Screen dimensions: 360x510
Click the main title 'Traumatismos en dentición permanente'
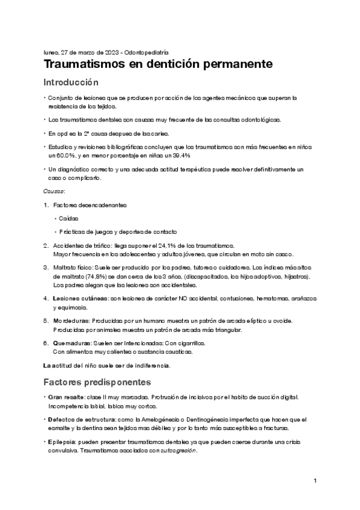[x=158, y=63]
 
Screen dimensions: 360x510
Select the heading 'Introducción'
[x=71, y=82]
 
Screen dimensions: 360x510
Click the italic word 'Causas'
[x=53, y=191]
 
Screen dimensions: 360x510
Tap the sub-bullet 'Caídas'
[x=69, y=218]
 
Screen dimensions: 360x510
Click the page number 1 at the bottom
[x=314, y=481]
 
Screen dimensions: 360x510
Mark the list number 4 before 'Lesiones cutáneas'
[x=46, y=299]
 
